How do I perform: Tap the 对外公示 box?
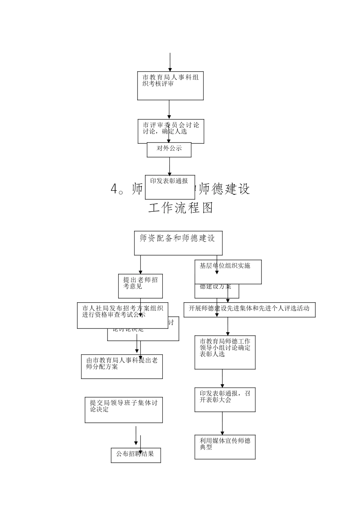pos(169,150)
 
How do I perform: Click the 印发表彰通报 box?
pos(169,187)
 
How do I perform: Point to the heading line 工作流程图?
pos(180,208)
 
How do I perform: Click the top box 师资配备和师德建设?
pos(178,243)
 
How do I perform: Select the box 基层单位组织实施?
pos(228,272)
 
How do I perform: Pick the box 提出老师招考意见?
pos(140,286)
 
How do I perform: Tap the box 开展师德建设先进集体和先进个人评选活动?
pos(249,309)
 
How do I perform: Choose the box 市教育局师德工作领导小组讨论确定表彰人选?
pos(225,352)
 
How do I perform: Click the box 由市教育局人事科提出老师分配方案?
pos(122,367)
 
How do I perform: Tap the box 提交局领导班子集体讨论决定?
pos(123,410)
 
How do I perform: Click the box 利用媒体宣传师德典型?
pos(225,447)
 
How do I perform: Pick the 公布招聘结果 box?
pos(136,455)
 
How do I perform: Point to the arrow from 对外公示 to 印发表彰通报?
pos(169,166)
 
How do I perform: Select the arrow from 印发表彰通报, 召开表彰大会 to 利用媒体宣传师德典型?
pos(222,424)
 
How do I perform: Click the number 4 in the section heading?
pos(114,189)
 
